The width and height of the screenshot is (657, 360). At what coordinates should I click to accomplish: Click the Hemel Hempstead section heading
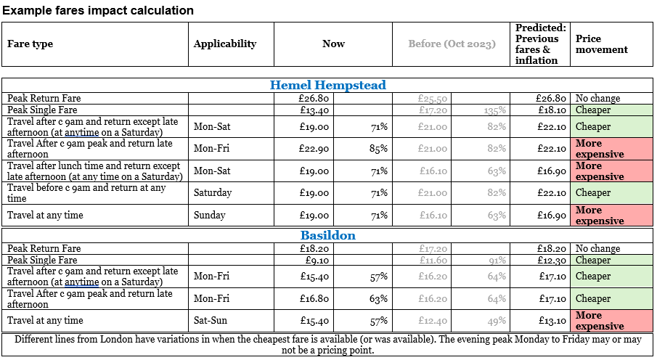click(x=328, y=85)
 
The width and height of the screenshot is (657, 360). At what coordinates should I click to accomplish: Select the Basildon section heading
click(x=328, y=235)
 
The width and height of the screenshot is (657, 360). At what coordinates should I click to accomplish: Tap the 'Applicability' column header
click(x=225, y=44)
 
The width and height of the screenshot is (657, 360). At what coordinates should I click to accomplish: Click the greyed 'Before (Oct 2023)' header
click(x=452, y=44)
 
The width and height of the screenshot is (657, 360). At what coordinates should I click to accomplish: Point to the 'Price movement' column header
click(x=601, y=44)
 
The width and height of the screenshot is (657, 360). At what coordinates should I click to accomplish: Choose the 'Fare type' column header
click(x=30, y=44)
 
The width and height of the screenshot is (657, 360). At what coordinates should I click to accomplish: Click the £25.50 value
click(x=433, y=98)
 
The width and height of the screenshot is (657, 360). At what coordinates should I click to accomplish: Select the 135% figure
click(x=496, y=110)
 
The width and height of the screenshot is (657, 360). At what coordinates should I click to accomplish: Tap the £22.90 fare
click(x=314, y=149)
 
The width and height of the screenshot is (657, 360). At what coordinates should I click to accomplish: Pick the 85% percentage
click(x=378, y=149)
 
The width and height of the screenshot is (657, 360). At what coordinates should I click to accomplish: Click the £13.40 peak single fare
click(x=314, y=110)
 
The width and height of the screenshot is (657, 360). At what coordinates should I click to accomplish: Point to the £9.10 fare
click(x=317, y=260)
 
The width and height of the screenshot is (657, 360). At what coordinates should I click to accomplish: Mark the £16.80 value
click(x=314, y=298)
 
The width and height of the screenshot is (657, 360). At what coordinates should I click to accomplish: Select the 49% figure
click(x=497, y=320)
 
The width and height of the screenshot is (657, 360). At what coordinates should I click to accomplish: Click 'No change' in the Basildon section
click(x=597, y=248)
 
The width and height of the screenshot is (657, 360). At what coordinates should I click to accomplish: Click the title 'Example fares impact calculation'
click(x=98, y=10)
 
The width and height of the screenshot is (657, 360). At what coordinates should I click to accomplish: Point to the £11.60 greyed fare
click(x=433, y=260)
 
